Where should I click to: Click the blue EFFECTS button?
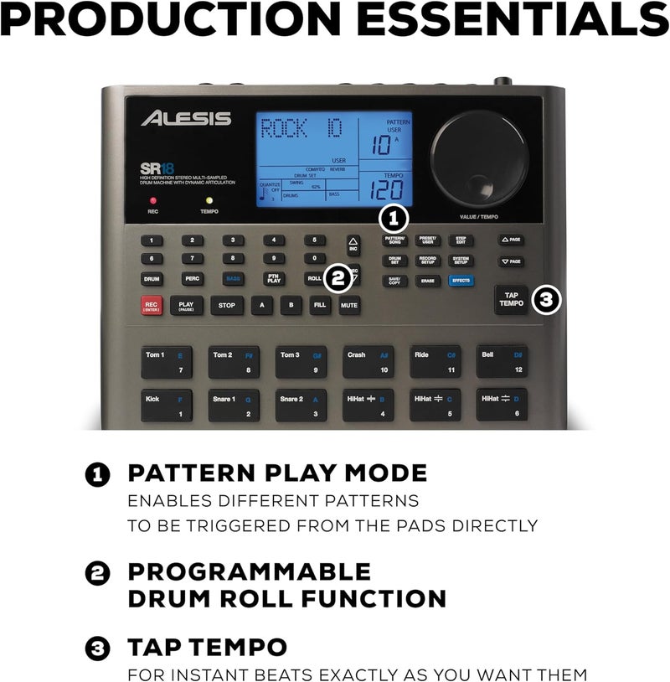[x=461, y=282]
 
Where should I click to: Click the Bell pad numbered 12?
[x=502, y=360]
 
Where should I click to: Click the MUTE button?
[x=349, y=306]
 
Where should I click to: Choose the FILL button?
[x=319, y=306]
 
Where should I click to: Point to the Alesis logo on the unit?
[x=186, y=118]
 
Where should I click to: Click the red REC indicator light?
[x=153, y=201]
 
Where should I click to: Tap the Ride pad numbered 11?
[x=435, y=360]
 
